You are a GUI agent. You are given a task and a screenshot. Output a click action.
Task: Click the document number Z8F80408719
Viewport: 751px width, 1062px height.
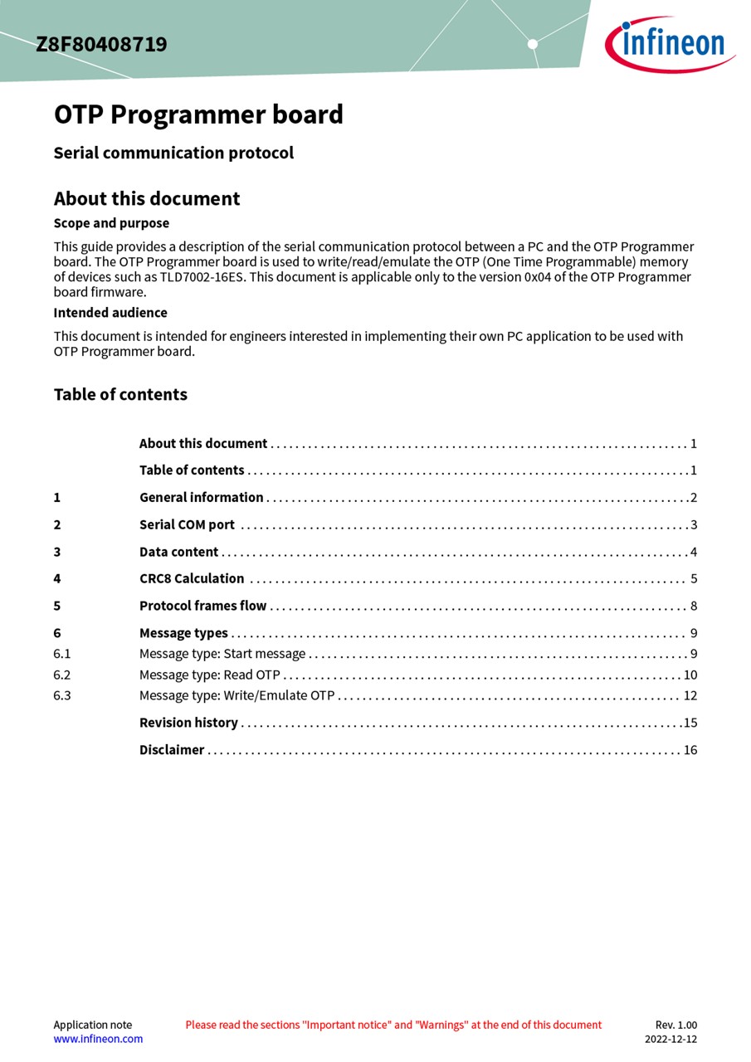101,44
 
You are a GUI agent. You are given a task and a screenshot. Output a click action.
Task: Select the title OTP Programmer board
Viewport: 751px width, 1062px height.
198,114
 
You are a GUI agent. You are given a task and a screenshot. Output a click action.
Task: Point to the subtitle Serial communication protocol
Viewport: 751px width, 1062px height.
173,153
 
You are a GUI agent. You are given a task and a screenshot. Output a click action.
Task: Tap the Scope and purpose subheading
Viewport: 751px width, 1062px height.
111,223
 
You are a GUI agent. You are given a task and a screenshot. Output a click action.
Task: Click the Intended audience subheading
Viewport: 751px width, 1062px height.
110,313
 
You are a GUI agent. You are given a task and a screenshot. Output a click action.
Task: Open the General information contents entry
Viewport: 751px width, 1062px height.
201,498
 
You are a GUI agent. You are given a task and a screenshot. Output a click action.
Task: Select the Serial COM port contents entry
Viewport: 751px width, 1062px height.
187,525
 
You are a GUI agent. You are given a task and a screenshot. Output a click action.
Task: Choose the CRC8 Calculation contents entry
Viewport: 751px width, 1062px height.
192,579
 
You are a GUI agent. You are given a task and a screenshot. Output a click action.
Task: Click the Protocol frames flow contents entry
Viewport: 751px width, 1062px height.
202,607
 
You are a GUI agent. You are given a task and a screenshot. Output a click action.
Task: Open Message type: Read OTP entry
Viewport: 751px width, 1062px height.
209,675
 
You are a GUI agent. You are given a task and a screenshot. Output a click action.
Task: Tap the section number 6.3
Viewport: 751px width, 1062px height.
62,696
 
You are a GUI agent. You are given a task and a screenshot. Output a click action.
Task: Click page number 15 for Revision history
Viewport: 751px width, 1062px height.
690,723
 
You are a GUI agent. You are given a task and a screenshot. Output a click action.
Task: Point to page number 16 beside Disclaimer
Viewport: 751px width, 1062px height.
690,750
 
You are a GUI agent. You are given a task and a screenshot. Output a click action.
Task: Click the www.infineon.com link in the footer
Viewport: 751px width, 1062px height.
98,1039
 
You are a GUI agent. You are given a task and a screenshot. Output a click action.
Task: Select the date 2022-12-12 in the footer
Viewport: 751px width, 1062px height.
671,1039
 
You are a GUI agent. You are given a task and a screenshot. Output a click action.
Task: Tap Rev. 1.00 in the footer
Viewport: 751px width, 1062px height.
676,1025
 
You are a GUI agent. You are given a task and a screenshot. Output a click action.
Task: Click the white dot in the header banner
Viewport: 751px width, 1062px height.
533,44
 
